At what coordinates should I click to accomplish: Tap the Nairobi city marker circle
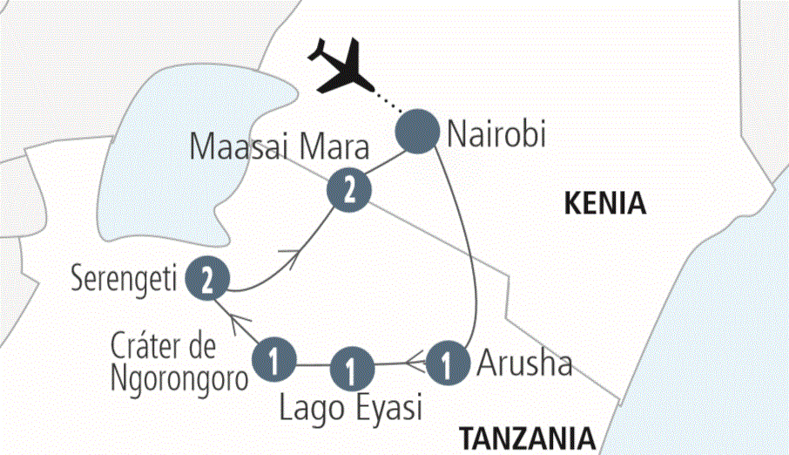[x=417, y=132]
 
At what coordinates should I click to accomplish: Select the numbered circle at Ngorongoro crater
[x=275, y=359]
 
